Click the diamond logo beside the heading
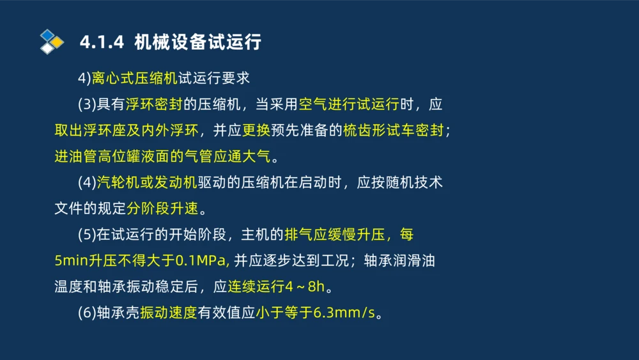[52, 42]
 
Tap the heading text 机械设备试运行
[198, 43]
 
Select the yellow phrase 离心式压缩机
[134, 79]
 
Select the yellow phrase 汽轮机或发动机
[147, 183]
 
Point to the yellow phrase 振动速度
[168, 314]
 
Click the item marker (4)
[87, 183]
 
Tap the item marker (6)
[87, 314]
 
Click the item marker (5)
[87, 235]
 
